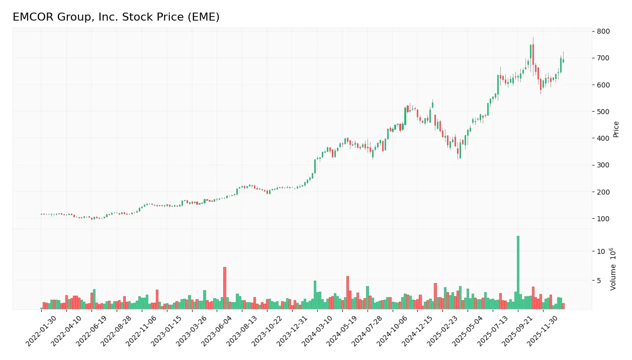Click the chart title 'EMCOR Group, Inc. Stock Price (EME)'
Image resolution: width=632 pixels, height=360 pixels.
(116, 17)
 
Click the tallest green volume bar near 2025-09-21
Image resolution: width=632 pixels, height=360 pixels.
(518, 272)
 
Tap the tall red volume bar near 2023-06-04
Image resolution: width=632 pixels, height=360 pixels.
(225, 288)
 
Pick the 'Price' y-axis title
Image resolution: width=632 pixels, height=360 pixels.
(616, 129)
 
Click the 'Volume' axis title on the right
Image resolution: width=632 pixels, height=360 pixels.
(613, 269)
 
